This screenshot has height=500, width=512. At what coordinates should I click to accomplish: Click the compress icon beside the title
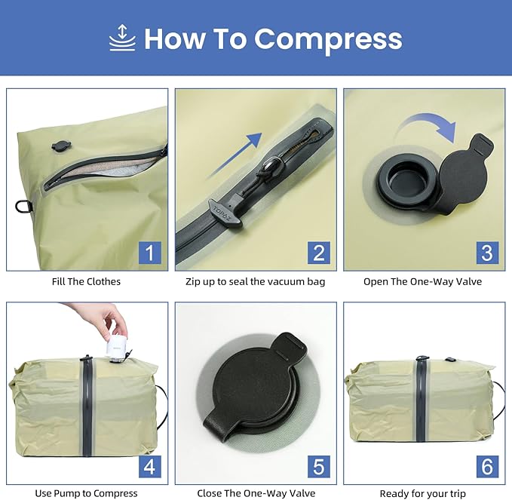click(x=121, y=38)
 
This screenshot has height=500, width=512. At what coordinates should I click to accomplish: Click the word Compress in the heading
click(x=327, y=38)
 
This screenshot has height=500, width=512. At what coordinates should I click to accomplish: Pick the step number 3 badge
click(x=486, y=252)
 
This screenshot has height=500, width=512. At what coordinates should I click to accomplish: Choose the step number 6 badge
click(x=486, y=466)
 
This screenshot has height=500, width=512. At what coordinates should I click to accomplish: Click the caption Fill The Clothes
click(x=87, y=281)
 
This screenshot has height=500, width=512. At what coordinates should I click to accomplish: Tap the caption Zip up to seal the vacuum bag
click(x=256, y=281)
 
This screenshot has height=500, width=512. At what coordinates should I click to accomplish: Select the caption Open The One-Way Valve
click(x=422, y=281)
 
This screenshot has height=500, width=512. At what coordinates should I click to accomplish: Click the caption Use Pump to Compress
click(x=86, y=493)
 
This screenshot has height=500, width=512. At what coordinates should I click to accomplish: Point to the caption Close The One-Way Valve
click(x=256, y=493)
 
